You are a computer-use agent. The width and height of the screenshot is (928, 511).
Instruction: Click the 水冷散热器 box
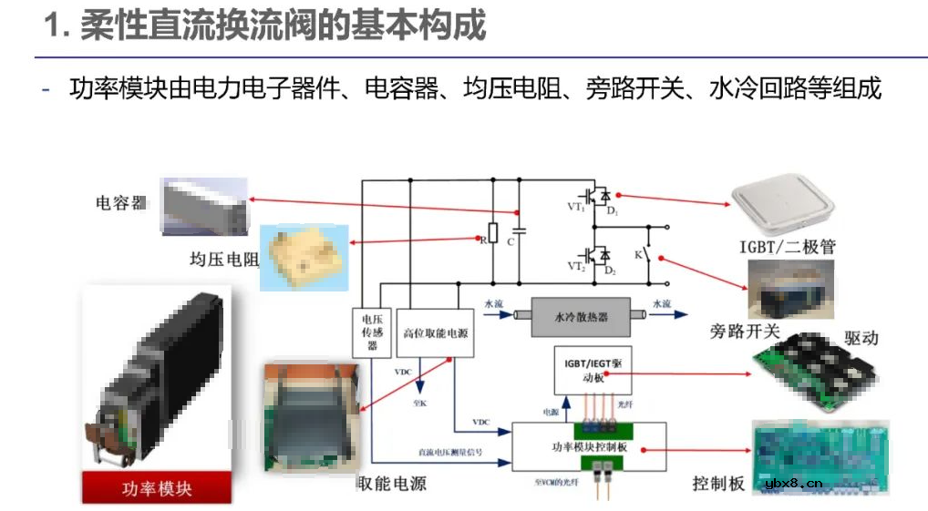(582, 317)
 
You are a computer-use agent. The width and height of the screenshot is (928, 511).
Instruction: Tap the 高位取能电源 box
(435, 334)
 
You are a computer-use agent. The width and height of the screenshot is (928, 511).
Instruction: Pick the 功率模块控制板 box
(589, 447)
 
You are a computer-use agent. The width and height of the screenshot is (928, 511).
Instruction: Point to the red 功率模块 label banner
(156, 487)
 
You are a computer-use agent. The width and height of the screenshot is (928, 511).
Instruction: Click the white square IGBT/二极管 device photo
(786, 210)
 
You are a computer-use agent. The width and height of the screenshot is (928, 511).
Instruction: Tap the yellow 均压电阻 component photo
(305, 258)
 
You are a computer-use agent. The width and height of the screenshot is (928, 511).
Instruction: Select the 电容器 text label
(121, 202)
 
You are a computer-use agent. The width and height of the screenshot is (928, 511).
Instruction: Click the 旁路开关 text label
(745, 331)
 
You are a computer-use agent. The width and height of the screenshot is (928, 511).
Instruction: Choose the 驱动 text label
(860, 337)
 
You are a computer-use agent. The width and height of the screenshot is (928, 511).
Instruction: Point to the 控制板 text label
(718, 483)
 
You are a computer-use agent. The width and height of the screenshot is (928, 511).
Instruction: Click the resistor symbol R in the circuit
(493, 233)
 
